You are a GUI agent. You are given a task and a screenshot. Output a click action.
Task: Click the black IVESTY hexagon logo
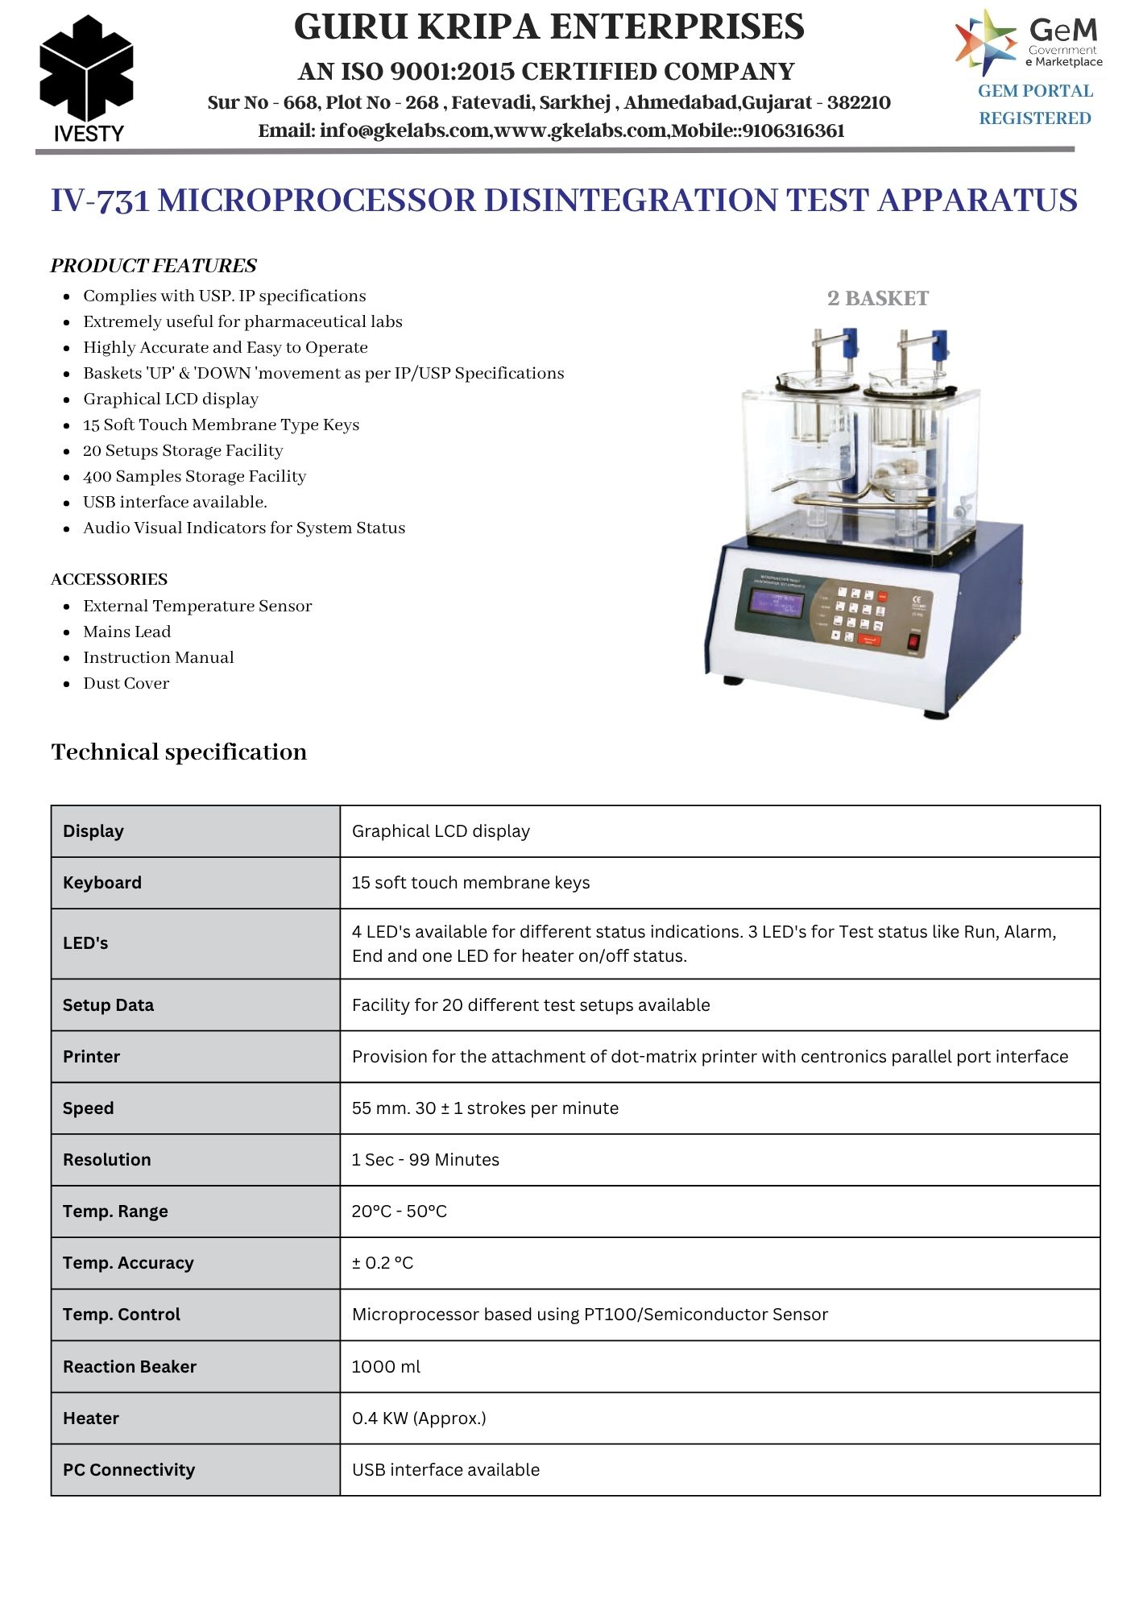[x=86, y=71]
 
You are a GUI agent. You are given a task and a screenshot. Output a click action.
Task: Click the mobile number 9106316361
[x=793, y=131]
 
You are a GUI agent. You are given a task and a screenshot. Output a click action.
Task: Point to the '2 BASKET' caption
[x=877, y=299]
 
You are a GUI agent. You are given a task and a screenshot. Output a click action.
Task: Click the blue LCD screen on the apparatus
[x=777, y=603]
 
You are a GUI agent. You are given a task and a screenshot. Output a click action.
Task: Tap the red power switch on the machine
[x=913, y=642]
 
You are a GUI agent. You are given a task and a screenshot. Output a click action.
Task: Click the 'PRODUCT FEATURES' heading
[x=153, y=266]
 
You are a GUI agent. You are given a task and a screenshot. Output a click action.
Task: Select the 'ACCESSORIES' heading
[x=109, y=579]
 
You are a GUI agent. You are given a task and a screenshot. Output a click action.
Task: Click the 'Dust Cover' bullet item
[x=126, y=684]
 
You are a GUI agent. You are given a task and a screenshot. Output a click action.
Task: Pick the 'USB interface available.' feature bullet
[x=175, y=503]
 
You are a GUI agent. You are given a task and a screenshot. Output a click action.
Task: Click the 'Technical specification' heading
[x=179, y=752]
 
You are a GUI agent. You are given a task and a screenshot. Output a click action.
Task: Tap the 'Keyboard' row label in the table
[x=102, y=883]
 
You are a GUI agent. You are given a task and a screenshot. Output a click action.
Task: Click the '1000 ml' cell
[x=386, y=1367]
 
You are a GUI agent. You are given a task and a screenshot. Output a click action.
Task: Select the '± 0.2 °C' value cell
[x=383, y=1263]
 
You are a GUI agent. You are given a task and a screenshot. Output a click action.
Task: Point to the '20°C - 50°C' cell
[x=399, y=1211]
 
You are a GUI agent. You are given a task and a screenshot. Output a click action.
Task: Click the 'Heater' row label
[x=91, y=1418]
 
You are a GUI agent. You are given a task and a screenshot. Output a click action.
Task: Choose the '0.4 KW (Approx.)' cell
[x=419, y=1418]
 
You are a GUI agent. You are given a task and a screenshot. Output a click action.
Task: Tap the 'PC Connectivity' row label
[x=129, y=1470]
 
